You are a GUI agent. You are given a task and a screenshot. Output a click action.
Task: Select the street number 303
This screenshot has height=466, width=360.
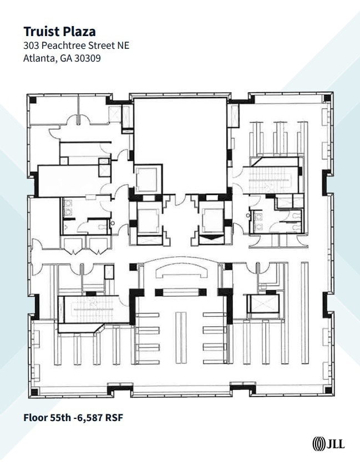click(x=31, y=45)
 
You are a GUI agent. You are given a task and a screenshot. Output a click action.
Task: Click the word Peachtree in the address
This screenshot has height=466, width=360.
click(x=62, y=45)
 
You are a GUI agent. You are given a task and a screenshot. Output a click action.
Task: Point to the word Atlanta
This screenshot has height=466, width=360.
click(x=39, y=57)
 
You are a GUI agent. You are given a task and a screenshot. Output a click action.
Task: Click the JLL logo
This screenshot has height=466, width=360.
click(x=328, y=444)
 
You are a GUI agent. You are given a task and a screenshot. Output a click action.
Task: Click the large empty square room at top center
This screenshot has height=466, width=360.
click(x=180, y=144)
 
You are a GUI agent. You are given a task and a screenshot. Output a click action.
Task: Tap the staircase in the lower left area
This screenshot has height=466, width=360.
click(x=92, y=310)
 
